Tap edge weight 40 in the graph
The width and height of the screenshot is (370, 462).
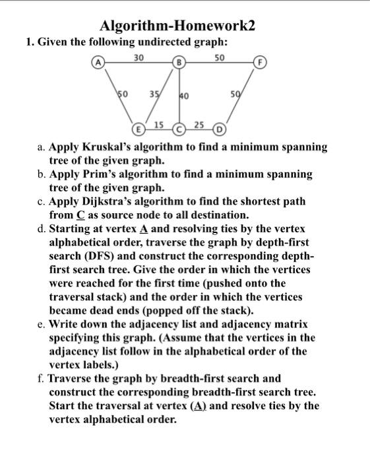point(184,96)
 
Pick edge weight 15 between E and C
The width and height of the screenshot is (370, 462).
point(159,124)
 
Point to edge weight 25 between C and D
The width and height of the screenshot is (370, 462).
point(199,124)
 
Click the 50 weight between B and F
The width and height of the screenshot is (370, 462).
point(220,58)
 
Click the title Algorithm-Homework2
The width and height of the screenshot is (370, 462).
point(177,26)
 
